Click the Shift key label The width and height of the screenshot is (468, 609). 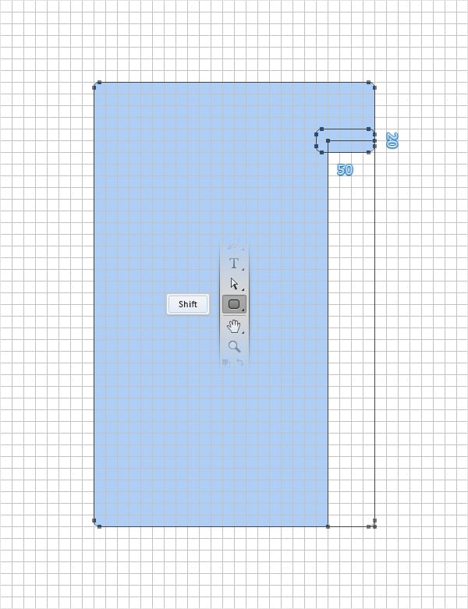point(187,304)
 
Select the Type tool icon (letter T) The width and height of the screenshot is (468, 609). point(234,264)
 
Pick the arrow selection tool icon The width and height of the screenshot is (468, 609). point(234,284)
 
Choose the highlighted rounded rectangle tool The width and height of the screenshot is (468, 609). point(234,304)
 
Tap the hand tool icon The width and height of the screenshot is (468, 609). point(234,326)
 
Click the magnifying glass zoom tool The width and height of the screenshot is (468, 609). point(234,346)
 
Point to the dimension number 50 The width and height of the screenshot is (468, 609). point(345,169)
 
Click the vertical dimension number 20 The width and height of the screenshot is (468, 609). point(392,140)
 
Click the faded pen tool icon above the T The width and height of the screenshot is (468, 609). point(232,246)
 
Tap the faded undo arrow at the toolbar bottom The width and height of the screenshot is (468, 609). point(240,362)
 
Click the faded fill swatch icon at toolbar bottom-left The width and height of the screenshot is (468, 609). point(225,362)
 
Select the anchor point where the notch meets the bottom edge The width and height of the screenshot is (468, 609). point(328,526)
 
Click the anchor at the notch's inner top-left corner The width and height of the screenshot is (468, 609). point(328,141)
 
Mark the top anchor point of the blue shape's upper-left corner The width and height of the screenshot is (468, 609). point(99,82)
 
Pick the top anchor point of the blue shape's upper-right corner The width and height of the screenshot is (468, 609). point(369,82)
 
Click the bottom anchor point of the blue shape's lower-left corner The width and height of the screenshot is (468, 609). point(99,526)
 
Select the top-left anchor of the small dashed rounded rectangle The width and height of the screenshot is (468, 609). point(321,129)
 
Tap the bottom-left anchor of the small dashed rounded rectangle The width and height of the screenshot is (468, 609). point(321,152)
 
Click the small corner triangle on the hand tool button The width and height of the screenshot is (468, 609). point(243,331)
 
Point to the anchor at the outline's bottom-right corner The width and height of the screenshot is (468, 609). point(374,526)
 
